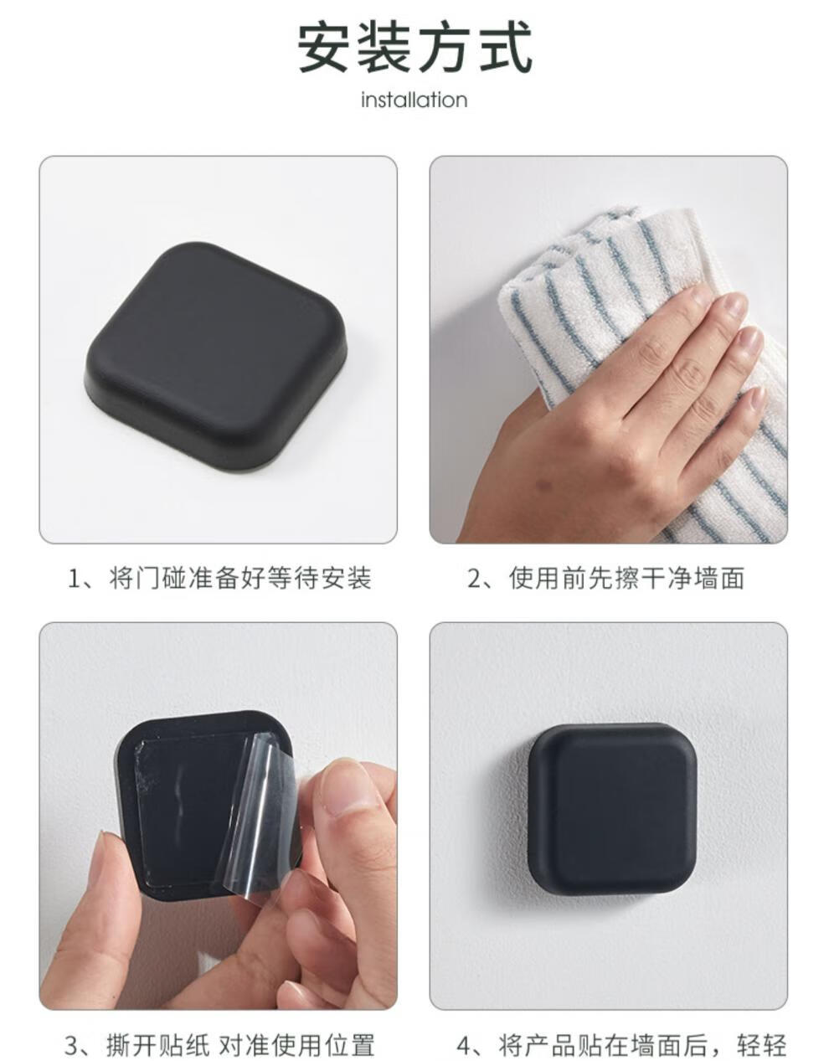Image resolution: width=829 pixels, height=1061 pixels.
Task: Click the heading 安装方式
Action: click(415, 49)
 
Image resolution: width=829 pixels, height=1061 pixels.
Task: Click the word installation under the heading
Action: click(414, 100)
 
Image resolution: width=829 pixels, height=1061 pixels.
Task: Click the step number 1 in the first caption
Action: click(75, 579)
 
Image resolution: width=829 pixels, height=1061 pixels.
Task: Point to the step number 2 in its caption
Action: click(475, 579)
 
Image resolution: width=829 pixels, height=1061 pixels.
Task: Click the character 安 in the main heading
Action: click(324, 49)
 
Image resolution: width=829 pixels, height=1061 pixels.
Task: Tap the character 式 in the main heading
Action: click(506, 49)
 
